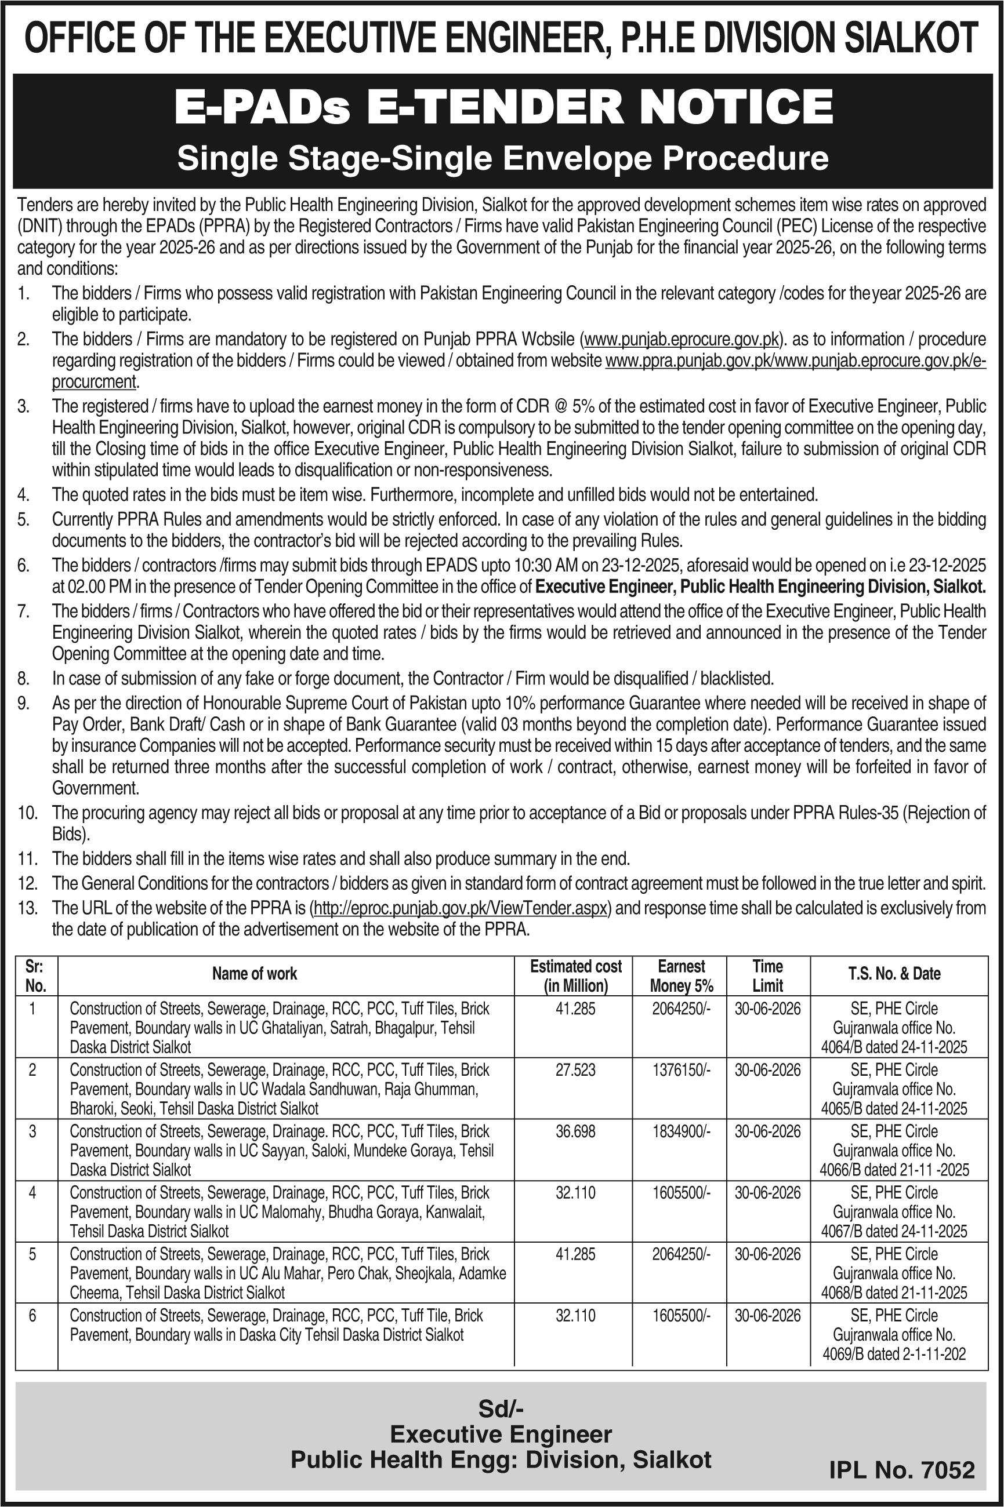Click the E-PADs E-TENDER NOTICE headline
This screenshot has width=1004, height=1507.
pos(503,107)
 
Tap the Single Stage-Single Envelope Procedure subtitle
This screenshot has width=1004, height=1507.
pos(503,158)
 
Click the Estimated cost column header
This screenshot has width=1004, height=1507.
pos(575,975)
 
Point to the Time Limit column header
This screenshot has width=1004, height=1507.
pos(768,975)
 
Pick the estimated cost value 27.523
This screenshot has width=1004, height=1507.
pos(575,1070)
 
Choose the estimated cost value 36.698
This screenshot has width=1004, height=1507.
pos(575,1131)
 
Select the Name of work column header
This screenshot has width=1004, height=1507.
pos(255,973)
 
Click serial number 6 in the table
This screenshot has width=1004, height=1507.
pos(32,1316)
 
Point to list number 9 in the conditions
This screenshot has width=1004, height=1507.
pos(24,703)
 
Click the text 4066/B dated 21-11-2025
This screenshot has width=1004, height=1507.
pos(894,1170)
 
